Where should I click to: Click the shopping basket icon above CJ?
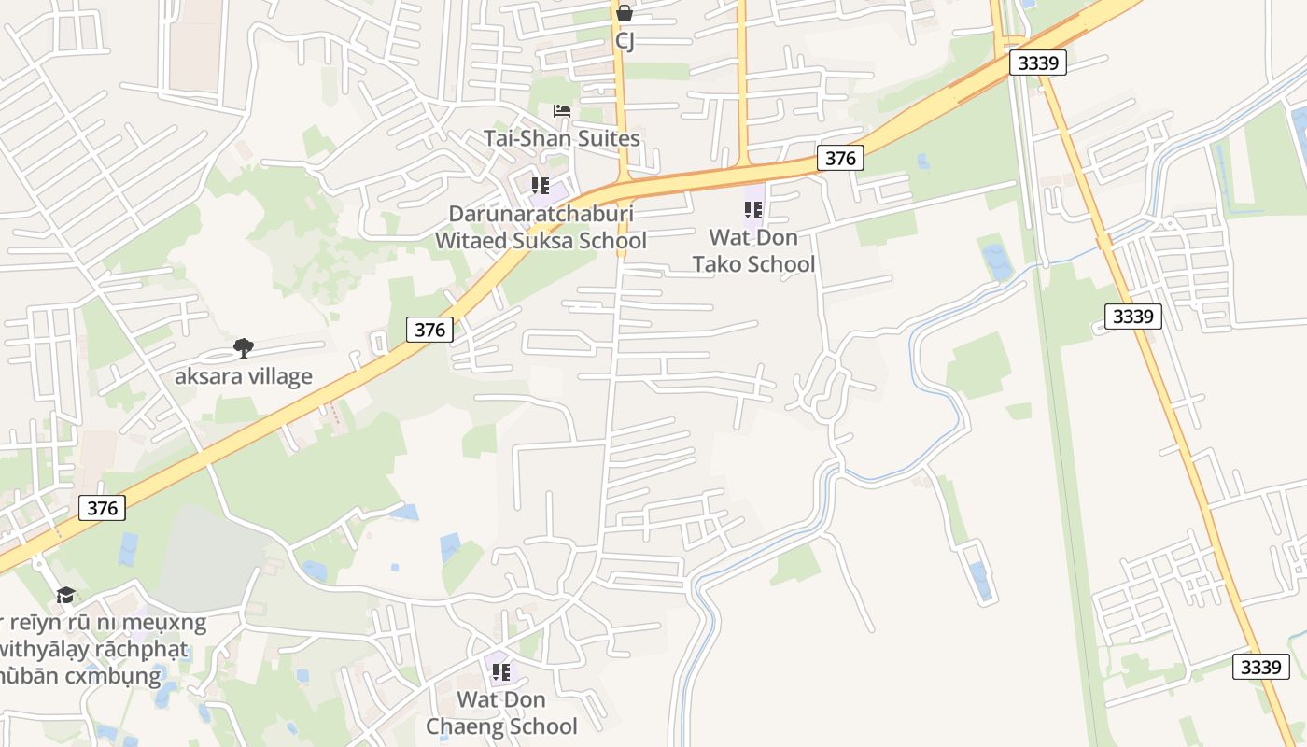tap(625, 13)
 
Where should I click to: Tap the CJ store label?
tap(625, 41)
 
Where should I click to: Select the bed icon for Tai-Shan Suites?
tap(561, 111)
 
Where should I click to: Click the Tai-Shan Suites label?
tap(561, 138)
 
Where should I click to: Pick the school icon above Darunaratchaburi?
tap(540, 186)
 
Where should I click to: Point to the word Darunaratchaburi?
tap(541, 214)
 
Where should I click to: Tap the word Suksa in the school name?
tap(546, 240)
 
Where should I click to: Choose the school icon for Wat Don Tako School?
tap(753, 210)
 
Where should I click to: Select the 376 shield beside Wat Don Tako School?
tap(840, 158)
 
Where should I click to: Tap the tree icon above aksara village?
tap(244, 348)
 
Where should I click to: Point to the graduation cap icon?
tap(65, 595)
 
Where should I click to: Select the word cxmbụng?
tap(115, 675)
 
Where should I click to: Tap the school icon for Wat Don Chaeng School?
tap(501, 671)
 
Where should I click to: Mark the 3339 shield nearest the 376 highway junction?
tap(1037, 63)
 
